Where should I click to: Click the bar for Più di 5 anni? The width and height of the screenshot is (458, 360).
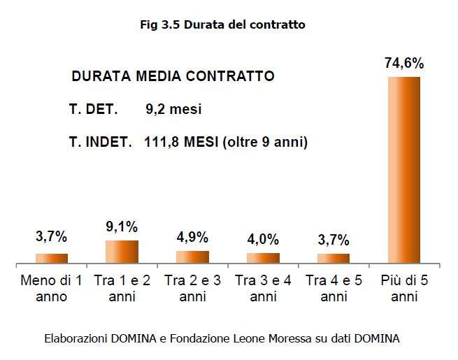coord(404,169)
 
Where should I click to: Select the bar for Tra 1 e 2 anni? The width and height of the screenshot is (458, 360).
coord(122,251)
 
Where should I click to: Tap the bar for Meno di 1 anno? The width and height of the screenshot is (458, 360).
coord(52,257)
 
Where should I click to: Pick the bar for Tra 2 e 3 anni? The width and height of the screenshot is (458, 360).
coord(192,256)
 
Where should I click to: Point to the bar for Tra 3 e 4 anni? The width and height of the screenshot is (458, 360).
coord(263,257)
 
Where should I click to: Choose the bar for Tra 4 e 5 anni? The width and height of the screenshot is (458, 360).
coord(334,257)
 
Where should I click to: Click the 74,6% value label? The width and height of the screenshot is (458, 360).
coord(404,64)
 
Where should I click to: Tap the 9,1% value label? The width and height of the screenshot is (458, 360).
coord(122,226)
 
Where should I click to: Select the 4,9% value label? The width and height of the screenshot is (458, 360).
coord(192,238)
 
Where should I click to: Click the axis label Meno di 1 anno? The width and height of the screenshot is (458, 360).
coord(52,289)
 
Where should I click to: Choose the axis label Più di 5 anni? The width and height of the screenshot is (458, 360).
coord(404,289)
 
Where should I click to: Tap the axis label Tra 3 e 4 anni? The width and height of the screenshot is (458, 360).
coord(263,289)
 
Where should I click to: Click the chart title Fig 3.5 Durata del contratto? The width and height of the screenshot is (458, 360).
coord(222,24)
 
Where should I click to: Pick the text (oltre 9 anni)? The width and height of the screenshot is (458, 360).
coord(269,142)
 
